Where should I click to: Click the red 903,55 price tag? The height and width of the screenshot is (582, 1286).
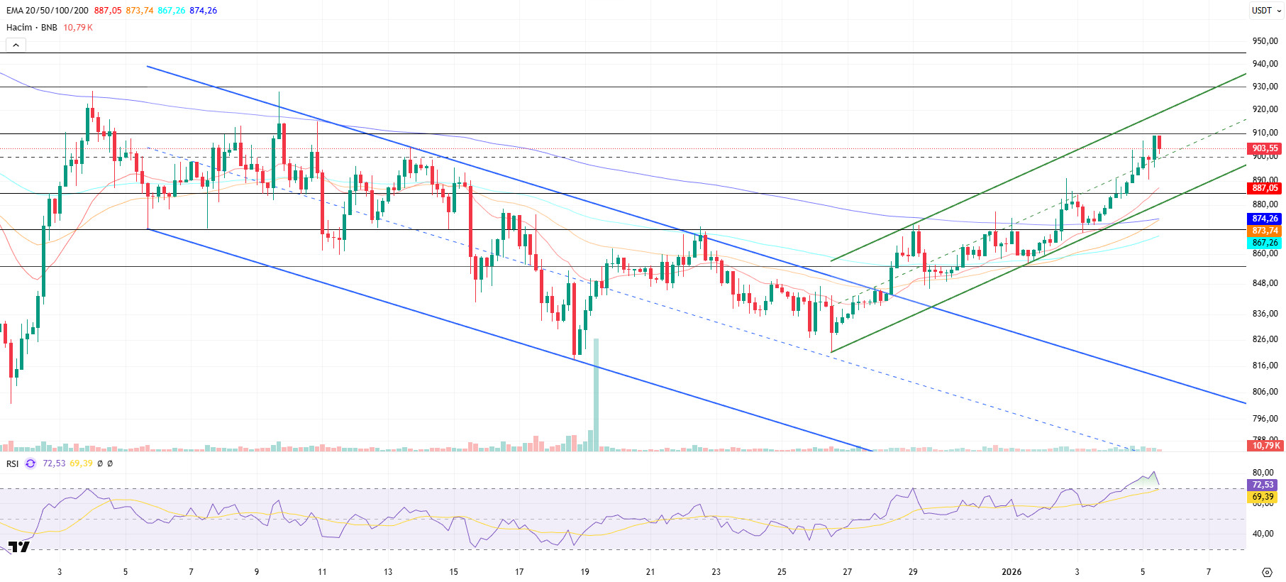(x=1264, y=148)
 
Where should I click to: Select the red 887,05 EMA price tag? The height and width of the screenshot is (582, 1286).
(x=1264, y=188)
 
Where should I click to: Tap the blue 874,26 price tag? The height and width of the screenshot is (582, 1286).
(x=1264, y=219)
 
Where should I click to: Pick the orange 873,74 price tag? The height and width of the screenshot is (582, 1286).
(x=1264, y=231)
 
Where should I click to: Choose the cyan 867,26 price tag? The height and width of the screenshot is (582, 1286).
(x=1264, y=243)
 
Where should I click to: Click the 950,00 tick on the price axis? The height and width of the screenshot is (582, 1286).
(x=1265, y=41)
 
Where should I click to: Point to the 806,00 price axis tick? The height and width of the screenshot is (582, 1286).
(x=1265, y=392)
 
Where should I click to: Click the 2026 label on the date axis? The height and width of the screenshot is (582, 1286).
(x=1011, y=572)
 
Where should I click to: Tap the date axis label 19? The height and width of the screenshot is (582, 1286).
(x=584, y=572)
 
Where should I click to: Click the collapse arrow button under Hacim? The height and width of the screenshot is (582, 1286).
(x=16, y=45)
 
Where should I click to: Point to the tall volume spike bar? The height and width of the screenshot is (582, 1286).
(x=596, y=394)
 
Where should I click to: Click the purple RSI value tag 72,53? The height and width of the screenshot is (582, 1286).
(x=1262, y=485)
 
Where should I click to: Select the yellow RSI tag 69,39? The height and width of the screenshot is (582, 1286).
(x=1262, y=497)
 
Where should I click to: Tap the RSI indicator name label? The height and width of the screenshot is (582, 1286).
(x=13, y=463)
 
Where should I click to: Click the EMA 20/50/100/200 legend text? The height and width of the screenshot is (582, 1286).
(x=48, y=11)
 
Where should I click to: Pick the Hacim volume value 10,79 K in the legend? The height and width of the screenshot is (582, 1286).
(x=78, y=28)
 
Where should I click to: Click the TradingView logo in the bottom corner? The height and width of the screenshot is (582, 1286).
(x=18, y=547)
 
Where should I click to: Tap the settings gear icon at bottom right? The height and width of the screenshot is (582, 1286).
(x=1267, y=572)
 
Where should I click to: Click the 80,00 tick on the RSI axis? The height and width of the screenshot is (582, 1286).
(x=1263, y=473)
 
